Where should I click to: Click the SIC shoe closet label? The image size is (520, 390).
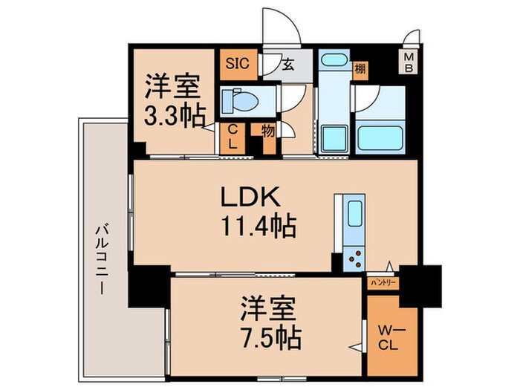(237, 64)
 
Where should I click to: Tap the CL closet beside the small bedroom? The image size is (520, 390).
(233, 138)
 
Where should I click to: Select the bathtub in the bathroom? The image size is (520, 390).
(380, 137)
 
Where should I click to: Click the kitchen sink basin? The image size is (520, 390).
(351, 210)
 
